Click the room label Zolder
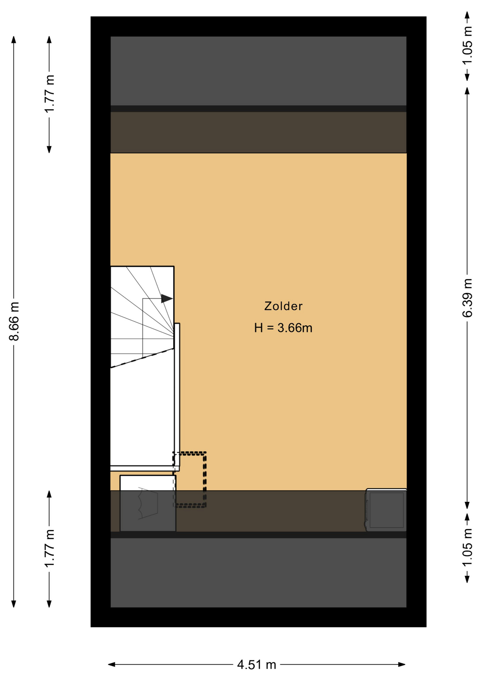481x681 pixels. coord(283,306)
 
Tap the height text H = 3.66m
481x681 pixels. coord(283,328)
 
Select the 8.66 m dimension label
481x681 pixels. coord(14,321)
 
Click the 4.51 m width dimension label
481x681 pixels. coord(256,664)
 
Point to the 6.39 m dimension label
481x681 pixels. coord(468,298)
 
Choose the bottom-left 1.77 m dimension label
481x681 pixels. coord(50,548)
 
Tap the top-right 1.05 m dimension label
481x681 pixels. coord(468,45)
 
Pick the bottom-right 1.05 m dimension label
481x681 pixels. coord(468,547)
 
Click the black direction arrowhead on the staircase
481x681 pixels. coord(167,299)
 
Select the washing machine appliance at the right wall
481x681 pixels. coord(386,510)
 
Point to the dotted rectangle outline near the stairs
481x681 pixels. coord(205,479)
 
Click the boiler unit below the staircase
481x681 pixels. coord(148,503)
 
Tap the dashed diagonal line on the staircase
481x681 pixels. coord(142,358)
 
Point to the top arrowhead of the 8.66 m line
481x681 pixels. coord(14,39)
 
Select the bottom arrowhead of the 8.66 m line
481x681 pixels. coord(14,604)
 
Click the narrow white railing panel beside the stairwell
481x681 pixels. coord(177,394)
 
